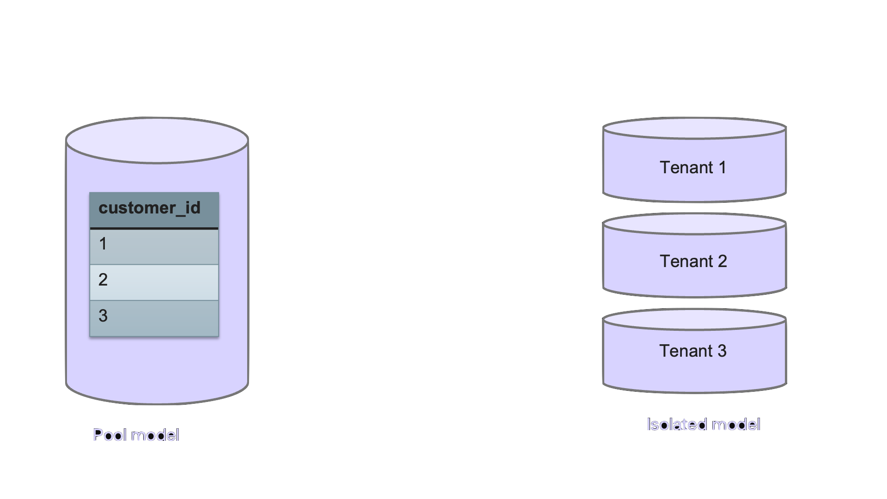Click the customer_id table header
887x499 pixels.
point(154,209)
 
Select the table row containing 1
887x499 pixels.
point(154,247)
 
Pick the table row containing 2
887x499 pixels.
point(154,282)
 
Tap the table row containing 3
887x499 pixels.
point(154,318)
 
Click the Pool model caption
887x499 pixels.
point(136,435)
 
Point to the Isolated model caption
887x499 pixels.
point(703,425)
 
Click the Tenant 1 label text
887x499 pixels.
point(693,167)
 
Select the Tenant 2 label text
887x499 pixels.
point(693,262)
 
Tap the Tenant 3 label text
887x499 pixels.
point(693,351)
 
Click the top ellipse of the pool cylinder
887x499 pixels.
point(157,140)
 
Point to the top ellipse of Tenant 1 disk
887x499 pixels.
point(694,128)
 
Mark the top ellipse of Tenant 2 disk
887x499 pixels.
point(694,224)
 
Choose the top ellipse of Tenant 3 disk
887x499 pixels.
point(694,320)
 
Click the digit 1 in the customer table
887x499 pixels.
point(103,244)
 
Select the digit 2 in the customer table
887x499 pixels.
point(103,280)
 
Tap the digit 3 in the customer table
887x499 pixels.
point(103,316)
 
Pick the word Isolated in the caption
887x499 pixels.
point(674,425)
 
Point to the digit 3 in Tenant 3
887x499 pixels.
point(722,351)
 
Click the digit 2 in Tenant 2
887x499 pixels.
point(722,262)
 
